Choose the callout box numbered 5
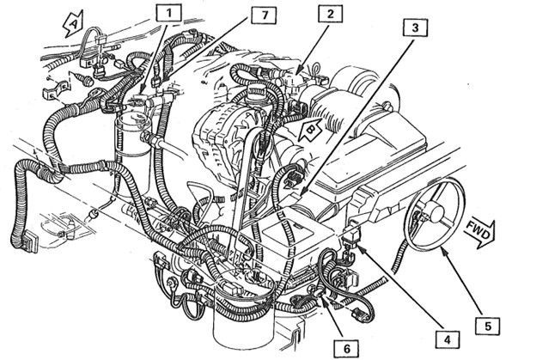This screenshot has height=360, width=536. (487, 326)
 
